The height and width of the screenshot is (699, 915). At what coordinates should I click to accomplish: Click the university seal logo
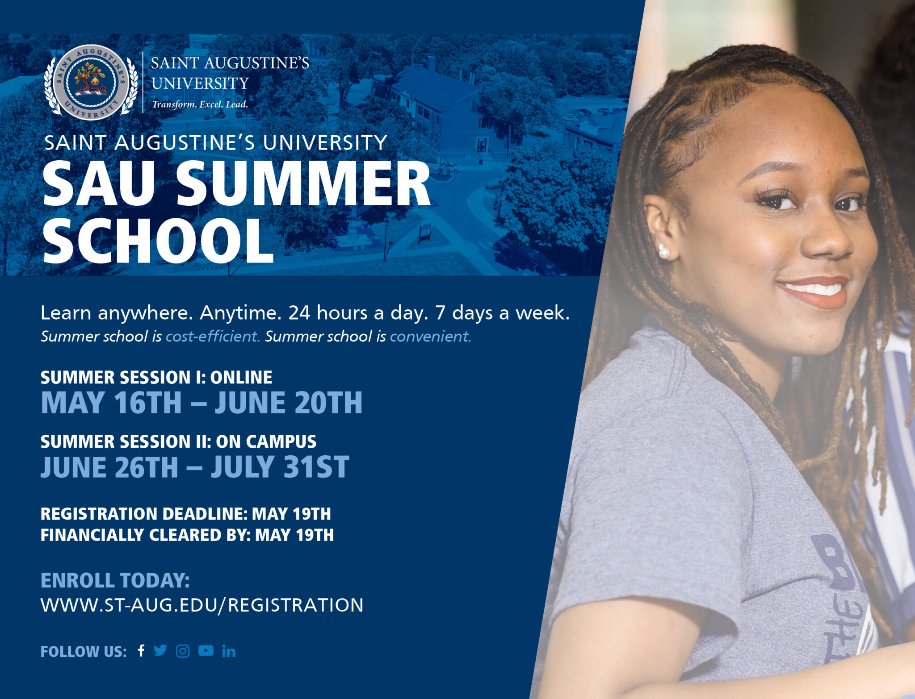coord(91,82)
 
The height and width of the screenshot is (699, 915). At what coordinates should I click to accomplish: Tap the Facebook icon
coord(141,651)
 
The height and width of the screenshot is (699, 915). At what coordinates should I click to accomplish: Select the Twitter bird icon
coord(160,650)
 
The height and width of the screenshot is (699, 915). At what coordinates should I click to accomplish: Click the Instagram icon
coord(183,651)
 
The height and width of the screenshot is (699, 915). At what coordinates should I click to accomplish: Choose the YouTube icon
coord(206,651)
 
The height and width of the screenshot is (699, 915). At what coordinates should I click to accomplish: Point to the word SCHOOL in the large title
coord(159,241)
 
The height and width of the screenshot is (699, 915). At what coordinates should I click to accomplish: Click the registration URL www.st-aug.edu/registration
coord(202,605)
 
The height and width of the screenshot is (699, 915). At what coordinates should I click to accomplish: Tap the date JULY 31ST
coord(280,467)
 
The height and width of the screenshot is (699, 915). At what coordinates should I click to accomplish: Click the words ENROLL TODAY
coord(115,581)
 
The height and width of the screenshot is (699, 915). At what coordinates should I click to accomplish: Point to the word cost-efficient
coord(213,336)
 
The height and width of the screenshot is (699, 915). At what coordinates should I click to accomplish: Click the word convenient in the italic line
coord(430,336)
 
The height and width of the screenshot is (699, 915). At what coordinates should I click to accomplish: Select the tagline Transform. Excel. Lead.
coord(200,104)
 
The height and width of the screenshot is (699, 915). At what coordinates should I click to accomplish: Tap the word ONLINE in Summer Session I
coord(241,378)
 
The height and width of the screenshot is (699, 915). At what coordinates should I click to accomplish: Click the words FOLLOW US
coord(84,652)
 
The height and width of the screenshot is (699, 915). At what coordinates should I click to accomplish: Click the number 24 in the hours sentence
coord(299,313)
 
